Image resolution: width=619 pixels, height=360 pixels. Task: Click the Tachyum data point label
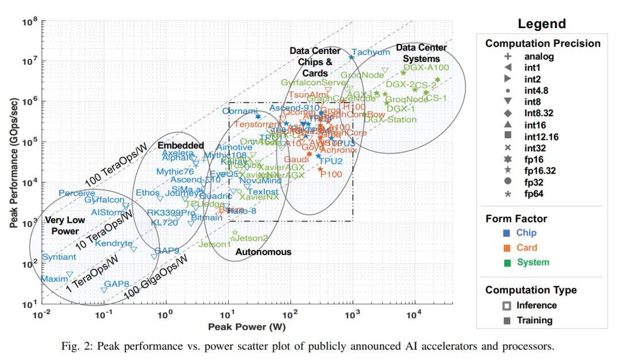click(371, 52)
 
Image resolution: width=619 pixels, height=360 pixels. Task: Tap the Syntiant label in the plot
click(58, 257)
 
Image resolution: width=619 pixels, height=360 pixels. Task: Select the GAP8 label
click(116, 284)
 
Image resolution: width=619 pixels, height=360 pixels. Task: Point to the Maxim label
click(55, 279)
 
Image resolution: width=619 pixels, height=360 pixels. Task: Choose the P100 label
click(331, 174)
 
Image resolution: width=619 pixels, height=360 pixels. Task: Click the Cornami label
click(240, 111)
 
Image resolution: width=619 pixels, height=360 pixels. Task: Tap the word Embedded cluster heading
click(181, 146)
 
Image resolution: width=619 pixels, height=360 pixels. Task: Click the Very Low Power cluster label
click(60, 225)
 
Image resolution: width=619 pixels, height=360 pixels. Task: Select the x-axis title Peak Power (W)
click(246, 327)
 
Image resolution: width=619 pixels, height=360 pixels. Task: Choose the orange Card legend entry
click(526, 248)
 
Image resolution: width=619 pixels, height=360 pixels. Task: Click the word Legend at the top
click(542, 24)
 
